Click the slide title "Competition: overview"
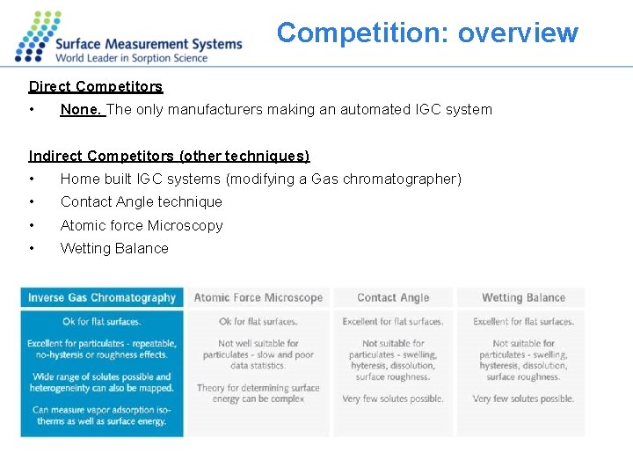tap(427, 33)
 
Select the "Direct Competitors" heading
tap(96, 86)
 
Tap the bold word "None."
tap(82, 110)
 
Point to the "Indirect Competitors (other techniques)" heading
tap(169, 156)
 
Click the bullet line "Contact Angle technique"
tap(141, 201)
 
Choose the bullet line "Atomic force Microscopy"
tap(141, 225)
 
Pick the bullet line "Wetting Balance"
tap(113, 248)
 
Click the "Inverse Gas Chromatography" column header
tap(102, 297)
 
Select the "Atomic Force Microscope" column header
tap(258, 297)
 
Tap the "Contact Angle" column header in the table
tap(393, 297)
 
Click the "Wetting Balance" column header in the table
tap(523, 297)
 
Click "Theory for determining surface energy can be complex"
tap(258, 393)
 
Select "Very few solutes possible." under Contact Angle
tap(393, 398)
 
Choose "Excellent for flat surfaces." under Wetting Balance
tap(523, 322)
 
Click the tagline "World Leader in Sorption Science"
tap(132, 58)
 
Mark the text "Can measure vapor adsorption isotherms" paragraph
tap(102, 415)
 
